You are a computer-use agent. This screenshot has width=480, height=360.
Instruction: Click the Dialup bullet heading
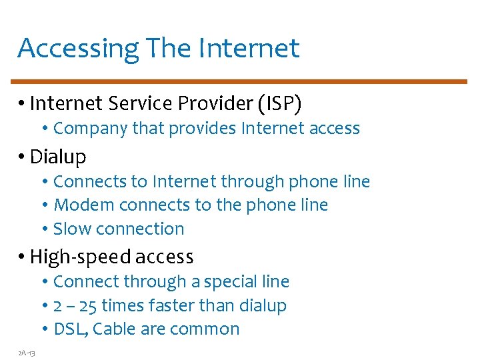click(x=58, y=157)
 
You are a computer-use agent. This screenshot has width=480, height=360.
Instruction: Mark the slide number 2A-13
click(x=27, y=352)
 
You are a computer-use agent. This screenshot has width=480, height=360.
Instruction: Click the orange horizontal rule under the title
click(x=241, y=82)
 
